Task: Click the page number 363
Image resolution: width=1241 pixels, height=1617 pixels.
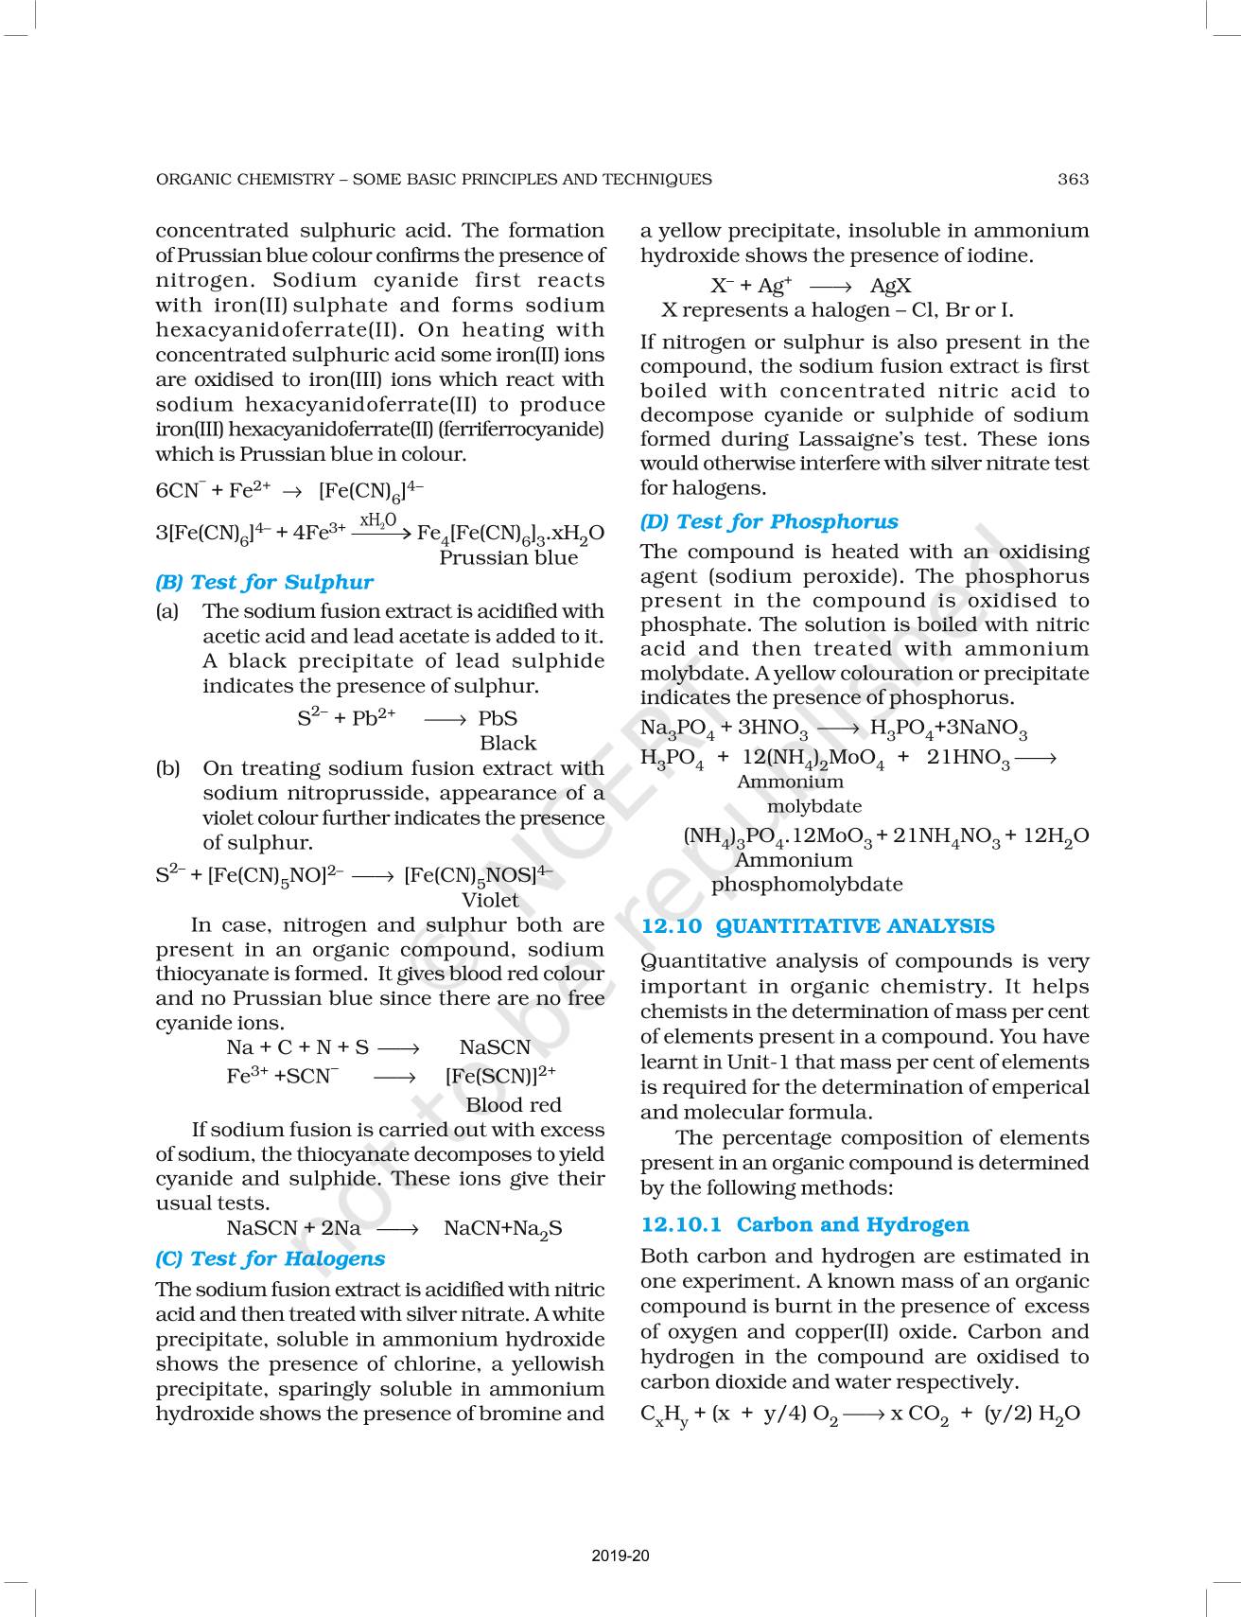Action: tap(1073, 179)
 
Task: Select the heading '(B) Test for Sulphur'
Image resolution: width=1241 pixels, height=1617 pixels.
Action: tap(264, 582)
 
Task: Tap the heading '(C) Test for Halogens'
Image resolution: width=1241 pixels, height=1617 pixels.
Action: tap(270, 1258)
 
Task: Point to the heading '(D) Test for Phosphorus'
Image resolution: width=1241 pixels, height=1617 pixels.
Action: tap(769, 521)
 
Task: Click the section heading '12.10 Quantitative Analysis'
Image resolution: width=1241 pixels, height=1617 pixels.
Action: tap(817, 926)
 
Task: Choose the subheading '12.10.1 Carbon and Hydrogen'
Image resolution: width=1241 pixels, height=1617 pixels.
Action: tap(805, 1224)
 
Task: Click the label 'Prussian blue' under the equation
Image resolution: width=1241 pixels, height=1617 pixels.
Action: tap(508, 557)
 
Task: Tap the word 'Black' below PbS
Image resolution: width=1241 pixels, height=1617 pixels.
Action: tap(508, 743)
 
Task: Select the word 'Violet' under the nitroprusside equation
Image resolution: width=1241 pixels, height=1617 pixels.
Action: tap(490, 900)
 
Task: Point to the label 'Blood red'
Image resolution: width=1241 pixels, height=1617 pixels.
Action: tap(514, 1104)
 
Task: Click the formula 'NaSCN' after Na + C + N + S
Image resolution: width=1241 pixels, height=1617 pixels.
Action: tap(495, 1046)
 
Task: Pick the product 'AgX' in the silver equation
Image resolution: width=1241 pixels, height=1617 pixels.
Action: tap(891, 286)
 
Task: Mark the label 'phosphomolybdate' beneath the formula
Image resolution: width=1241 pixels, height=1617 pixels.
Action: tap(807, 885)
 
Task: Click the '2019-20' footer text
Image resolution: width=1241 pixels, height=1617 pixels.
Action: tap(620, 1555)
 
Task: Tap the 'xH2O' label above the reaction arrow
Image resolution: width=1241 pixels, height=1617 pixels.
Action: tap(378, 520)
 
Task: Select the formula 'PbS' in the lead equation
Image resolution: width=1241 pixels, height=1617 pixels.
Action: tap(498, 718)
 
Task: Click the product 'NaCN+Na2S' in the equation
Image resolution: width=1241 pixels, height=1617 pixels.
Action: tap(503, 1228)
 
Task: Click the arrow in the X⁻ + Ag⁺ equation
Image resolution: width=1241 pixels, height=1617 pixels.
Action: tap(831, 286)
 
